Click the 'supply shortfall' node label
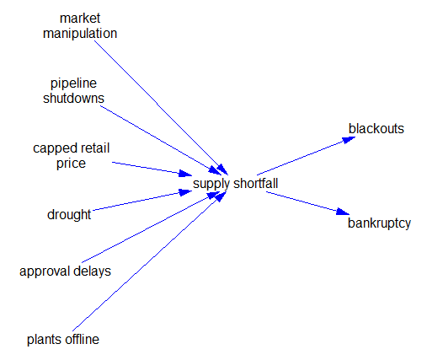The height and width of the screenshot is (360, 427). click(235, 184)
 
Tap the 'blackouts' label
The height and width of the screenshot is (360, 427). click(376, 129)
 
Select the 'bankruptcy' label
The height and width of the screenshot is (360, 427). click(379, 223)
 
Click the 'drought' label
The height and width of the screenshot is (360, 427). click(69, 215)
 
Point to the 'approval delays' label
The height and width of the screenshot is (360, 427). click(65, 271)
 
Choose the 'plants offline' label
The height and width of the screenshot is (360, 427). click(63, 339)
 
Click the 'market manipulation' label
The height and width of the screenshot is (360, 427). click(80, 26)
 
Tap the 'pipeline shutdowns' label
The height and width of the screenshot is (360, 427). click(73, 91)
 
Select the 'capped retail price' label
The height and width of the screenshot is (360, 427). click(71, 156)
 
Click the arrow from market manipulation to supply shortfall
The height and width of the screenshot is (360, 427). click(161, 108)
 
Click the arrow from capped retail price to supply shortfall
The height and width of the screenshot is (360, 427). click(152, 169)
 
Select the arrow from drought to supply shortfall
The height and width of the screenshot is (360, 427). click(142, 201)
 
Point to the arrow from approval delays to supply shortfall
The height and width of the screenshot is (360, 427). click(151, 227)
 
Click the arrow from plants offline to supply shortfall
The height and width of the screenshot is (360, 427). click(150, 261)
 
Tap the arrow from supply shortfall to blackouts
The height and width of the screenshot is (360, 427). click(307, 156)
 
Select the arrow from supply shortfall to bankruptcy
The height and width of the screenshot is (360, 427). click(307, 203)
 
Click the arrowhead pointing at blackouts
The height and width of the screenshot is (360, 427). click(349, 139)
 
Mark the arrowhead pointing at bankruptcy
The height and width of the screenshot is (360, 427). click(343, 212)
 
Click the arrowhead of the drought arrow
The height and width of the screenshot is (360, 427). click(185, 192)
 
